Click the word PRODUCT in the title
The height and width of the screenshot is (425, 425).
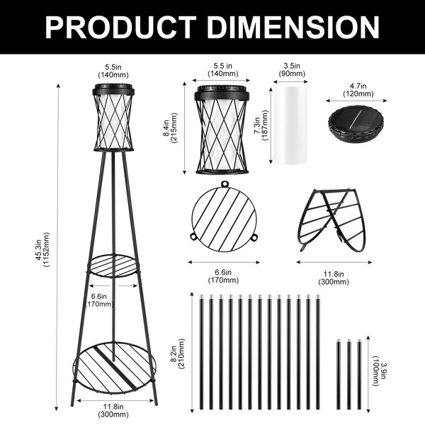pyautogui.click(x=121, y=28)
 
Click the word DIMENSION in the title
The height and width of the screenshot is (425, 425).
pyautogui.click(x=294, y=28)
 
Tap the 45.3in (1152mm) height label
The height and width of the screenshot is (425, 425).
pyautogui.click(x=42, y=249)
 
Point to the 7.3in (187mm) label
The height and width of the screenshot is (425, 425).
pyautogui.click(x=261, y=125)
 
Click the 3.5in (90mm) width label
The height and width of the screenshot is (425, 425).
pyautogui.click(x=292, y=69)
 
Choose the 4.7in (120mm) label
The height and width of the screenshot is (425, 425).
pyautogui.click(x=358, y=90)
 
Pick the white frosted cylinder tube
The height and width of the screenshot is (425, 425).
pyautogui.click(x=290, y=125)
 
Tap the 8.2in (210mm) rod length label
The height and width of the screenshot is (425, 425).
pyautogui.click(x=178, y=353)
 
